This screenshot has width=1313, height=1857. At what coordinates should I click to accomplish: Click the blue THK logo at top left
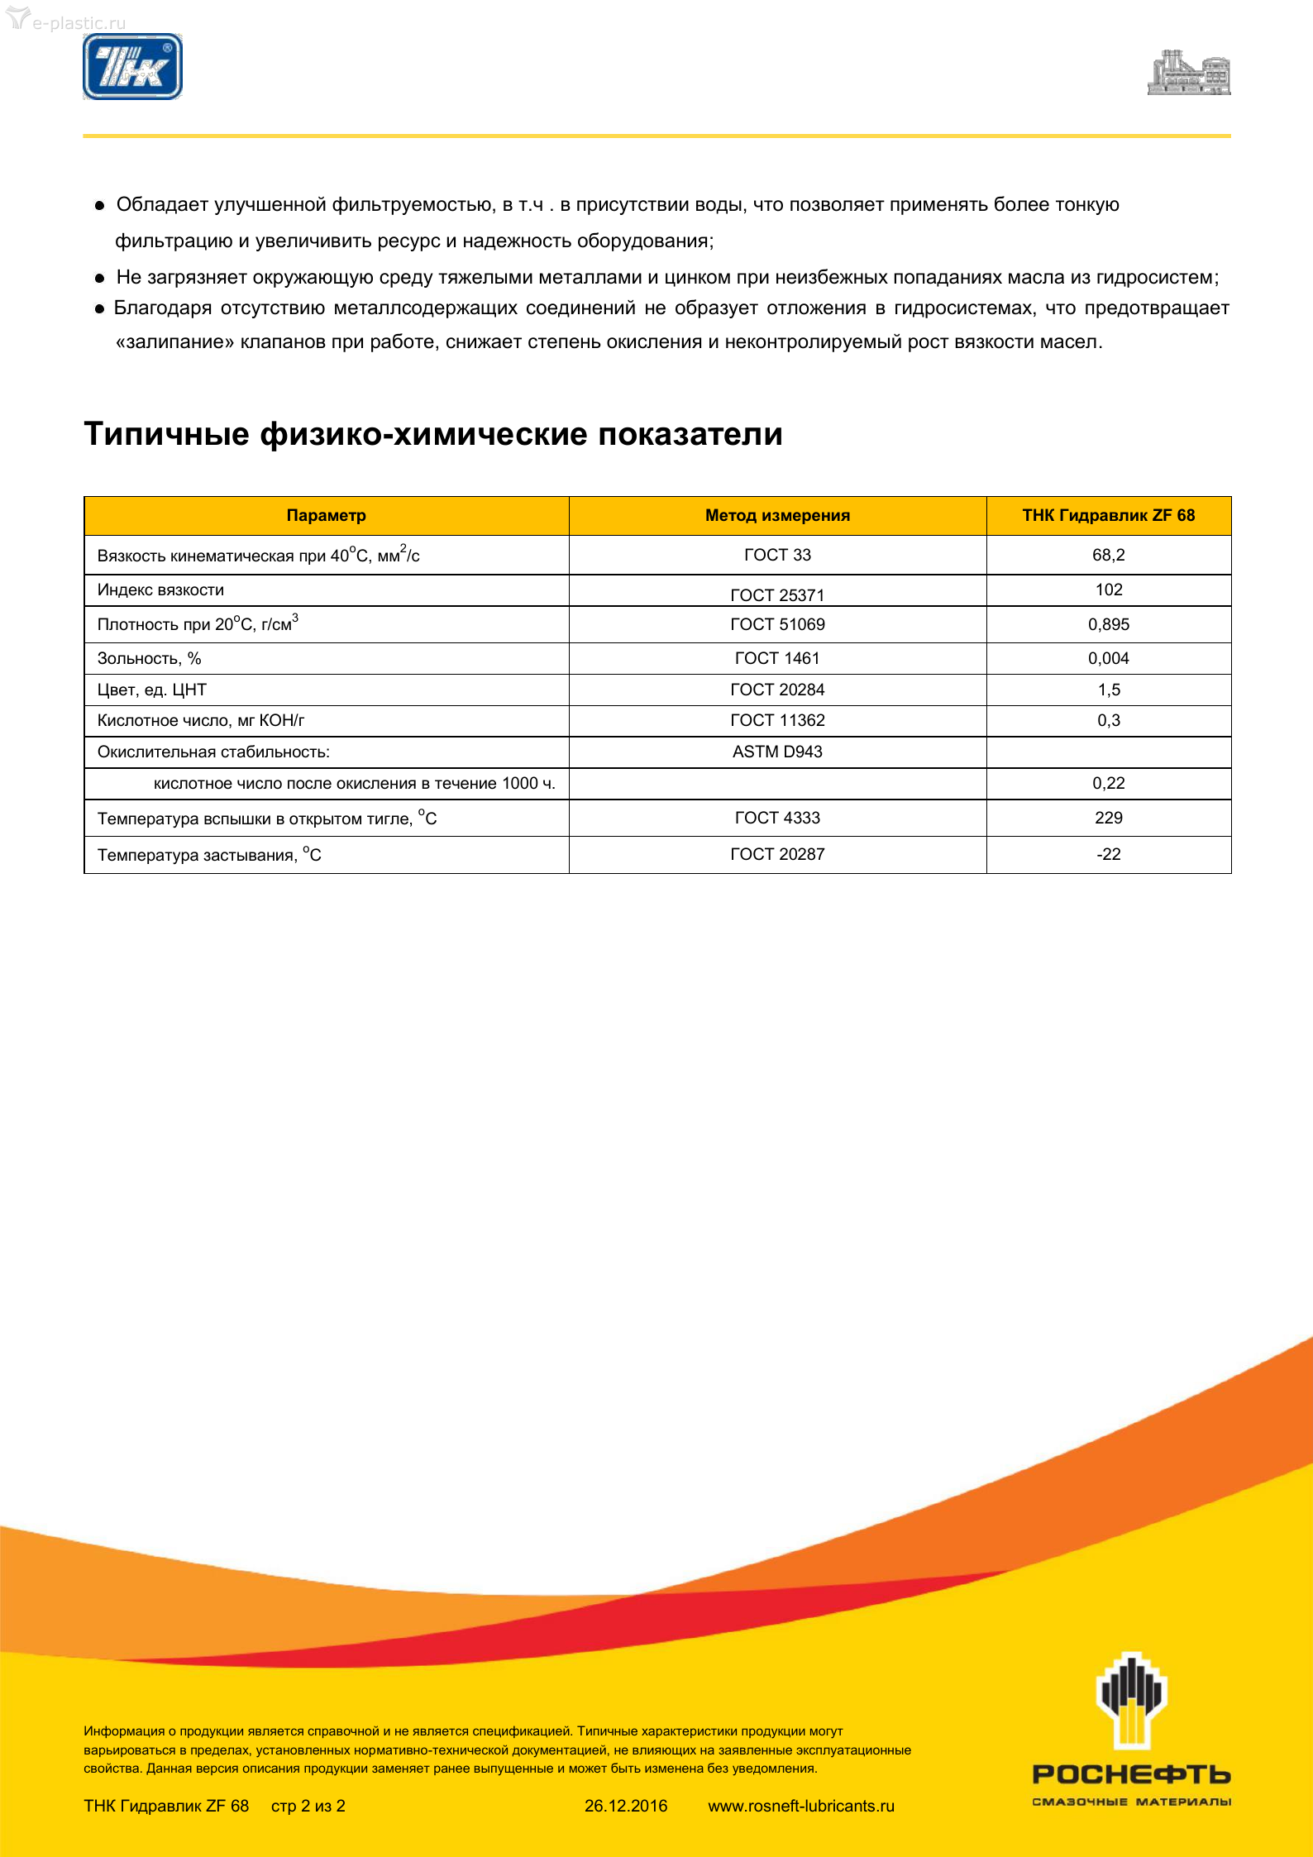[132, 67]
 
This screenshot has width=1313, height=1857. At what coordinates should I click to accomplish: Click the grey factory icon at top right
[1189, 74]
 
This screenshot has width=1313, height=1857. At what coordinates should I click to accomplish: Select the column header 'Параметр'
[326, 516]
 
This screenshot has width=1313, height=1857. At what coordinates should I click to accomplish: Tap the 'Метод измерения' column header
[777, 516]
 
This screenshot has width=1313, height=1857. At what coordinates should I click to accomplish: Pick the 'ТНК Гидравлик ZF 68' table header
[1108, 516]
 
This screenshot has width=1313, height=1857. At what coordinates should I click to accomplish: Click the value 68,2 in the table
[1108, 555]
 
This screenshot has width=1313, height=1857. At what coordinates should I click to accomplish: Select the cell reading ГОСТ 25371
[777, 594]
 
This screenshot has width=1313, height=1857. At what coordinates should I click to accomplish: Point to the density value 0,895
[1108, 625]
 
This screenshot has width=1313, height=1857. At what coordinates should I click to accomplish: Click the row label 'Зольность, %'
[150, 659]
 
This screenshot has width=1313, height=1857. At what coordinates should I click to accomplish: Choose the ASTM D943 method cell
[777, 752]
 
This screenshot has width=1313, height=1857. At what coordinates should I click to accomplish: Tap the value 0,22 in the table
[1108, 783]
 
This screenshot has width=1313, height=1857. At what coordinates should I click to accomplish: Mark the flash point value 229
[1108, 818]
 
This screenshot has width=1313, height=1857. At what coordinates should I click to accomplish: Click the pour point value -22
[1108, 854]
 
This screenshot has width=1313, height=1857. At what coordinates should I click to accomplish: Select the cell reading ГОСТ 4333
[777, 818]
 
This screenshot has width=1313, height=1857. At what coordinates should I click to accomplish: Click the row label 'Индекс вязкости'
[160, 590]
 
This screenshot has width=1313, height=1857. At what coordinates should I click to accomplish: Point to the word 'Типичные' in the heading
[166, 434]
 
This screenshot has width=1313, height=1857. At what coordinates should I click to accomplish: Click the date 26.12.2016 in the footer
[626, 1806]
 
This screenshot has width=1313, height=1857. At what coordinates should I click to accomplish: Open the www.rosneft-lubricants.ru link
[801, 1806]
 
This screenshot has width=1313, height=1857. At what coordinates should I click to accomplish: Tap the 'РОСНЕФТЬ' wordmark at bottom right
[1131, 1775]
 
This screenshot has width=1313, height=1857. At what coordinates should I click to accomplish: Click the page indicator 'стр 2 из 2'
[308, 1806]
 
